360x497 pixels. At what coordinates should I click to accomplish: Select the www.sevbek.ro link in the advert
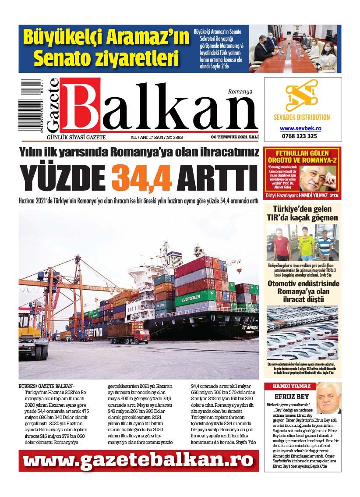click(300, 128)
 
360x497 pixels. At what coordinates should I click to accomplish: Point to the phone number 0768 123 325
click(300, 136)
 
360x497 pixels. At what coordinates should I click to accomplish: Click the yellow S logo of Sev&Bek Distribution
click(301, 95)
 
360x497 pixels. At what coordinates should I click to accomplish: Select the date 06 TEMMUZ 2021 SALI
click(234, 137)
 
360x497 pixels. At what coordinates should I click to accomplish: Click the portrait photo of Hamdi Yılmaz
click(328, 398)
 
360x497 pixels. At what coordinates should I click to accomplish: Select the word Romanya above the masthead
click(240, 92)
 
